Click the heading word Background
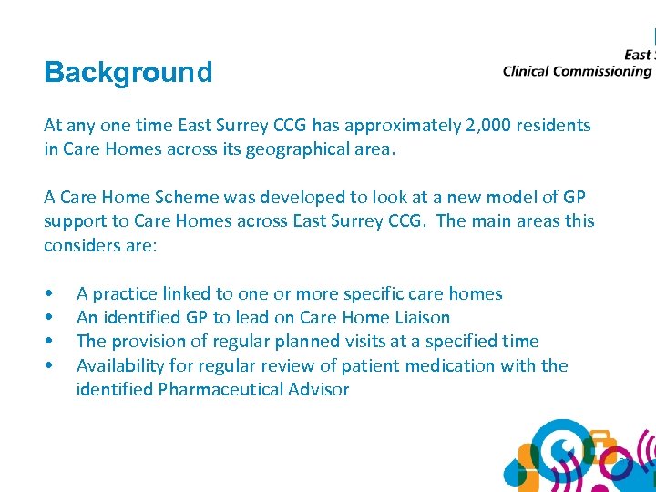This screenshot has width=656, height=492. coord(128,72)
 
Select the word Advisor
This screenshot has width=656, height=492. coord(318,389)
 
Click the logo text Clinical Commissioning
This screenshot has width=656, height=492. coord(577,71)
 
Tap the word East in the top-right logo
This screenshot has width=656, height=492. coord(638,55)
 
